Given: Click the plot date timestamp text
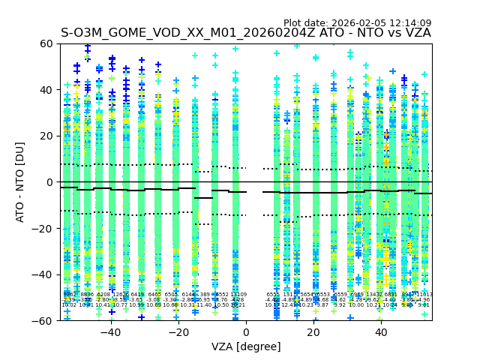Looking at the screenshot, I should pos(357,23).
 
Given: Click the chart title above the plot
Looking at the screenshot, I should pos(246,33).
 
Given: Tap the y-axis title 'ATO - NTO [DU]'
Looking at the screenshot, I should pos(21,182).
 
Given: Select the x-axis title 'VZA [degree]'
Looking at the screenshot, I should pos(246,346).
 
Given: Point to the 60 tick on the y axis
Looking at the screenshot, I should pos(46,43).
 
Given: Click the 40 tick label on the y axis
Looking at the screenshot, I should pos(46,90).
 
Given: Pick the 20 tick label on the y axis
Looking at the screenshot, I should pos(46,136).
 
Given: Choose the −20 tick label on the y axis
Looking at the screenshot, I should pos(43,228).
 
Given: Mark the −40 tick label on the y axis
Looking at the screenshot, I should pos(43,274).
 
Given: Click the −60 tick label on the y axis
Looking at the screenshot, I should pos(43,320).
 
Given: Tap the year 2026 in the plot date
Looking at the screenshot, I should pos(345,23).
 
